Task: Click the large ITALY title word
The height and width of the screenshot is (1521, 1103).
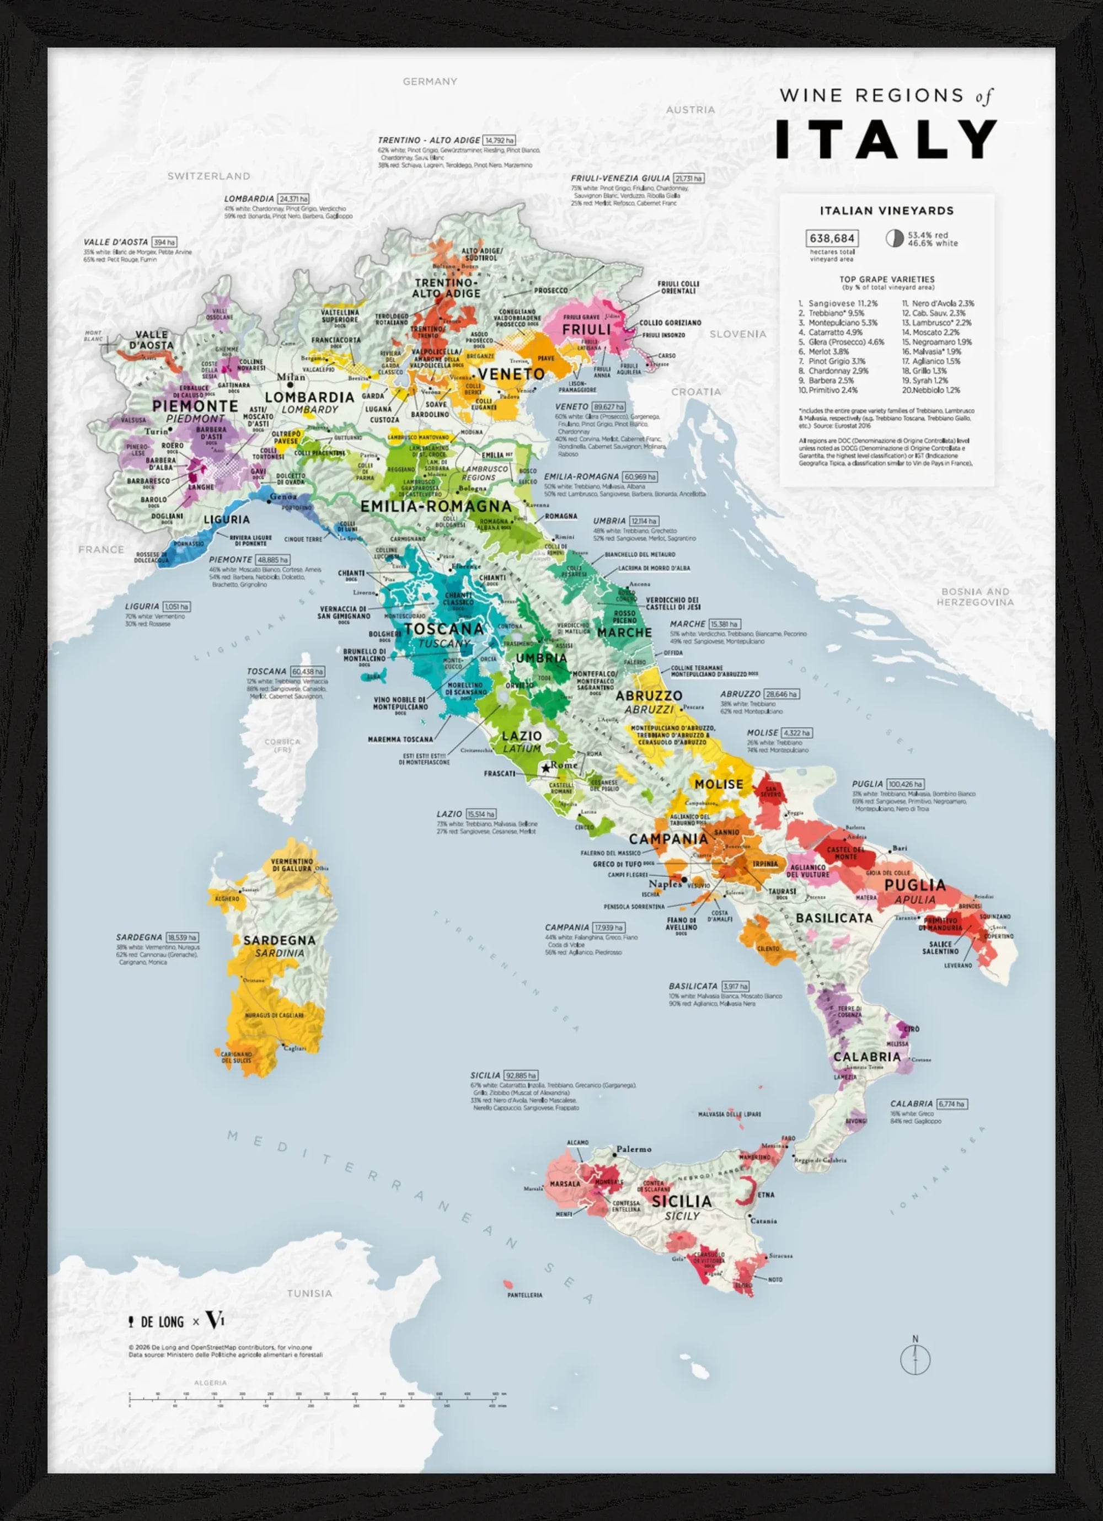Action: pos(886,140)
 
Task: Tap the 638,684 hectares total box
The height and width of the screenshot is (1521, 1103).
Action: pos(832,238)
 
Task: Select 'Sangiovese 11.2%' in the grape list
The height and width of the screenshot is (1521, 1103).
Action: pos(842,303)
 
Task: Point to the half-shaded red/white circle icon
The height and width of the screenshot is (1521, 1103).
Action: pos(894,238)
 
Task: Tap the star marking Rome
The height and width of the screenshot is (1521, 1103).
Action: pos(546,767)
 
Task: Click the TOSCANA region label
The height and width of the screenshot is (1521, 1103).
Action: pos(444,628)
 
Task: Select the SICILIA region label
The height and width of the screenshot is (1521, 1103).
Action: pos(681,1201)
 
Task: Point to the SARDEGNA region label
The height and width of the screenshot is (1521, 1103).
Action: pos(280,940)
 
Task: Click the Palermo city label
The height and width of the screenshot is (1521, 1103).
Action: pos(634,1149)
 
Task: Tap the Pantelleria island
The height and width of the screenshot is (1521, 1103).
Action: pos(507,1284)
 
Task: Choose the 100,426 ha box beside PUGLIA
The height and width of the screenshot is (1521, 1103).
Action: pos(905,784)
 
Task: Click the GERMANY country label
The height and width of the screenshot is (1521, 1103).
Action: pos(430,81)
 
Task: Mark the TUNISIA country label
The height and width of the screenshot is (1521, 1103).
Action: pos(309,1293)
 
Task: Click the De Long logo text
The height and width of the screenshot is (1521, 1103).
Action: pos(162,1322)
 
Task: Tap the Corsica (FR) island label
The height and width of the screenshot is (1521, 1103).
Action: pos(282,745)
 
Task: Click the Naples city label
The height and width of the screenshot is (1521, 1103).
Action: pos(665,883)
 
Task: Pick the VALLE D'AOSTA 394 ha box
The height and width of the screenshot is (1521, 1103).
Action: pos(164,242)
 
